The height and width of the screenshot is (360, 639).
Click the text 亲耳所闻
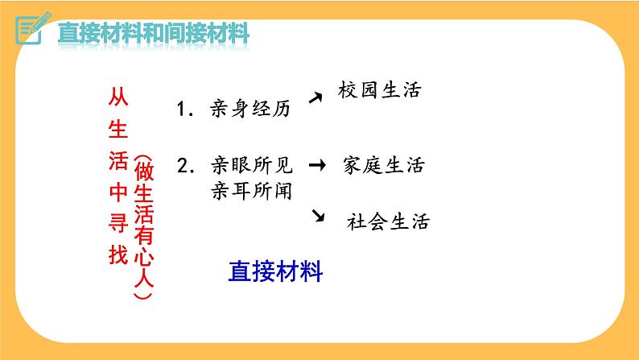pos(250,191)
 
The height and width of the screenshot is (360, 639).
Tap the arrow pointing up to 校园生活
pos(316,97)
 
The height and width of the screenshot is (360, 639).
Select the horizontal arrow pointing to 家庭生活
pos(317,166)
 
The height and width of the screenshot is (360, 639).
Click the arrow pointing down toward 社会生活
pos(318,214)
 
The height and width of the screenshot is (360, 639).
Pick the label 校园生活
pos(381,89)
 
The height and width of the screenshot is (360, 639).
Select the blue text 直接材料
pos(275,271)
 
